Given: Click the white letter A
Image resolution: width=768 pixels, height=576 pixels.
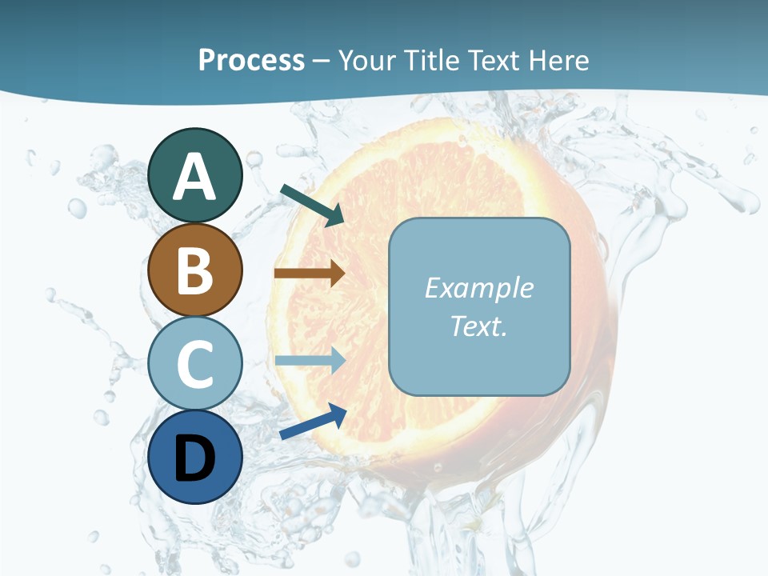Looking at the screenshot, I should point(194,178).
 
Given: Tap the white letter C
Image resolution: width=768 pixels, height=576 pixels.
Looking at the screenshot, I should point(194,364).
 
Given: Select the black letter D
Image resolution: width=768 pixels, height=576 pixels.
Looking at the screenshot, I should point(194,458).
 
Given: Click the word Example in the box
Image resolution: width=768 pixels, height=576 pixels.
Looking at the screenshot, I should point(478,288).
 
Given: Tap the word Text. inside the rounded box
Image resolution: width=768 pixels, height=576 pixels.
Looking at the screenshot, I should point(478,326).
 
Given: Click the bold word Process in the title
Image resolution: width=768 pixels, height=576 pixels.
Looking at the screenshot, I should point(251,60).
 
